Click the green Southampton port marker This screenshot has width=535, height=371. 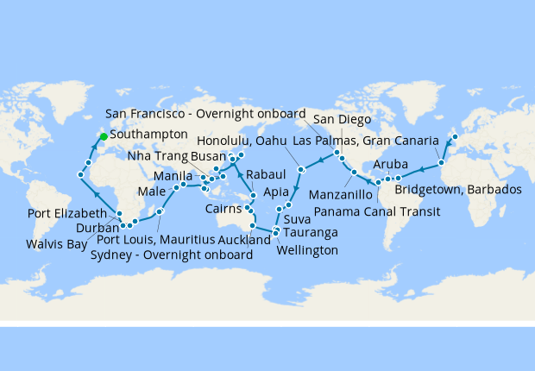(x=103, y=135)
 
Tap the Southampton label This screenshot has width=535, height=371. (x=148, y=135)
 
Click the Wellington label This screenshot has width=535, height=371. (x=308, y=250)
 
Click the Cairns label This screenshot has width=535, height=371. (x=223, y=209)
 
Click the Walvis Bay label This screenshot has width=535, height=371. (x=56, y=244)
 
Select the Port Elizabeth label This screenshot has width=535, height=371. (x=66, y=213)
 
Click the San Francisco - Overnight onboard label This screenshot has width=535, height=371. (x=206, y=114)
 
